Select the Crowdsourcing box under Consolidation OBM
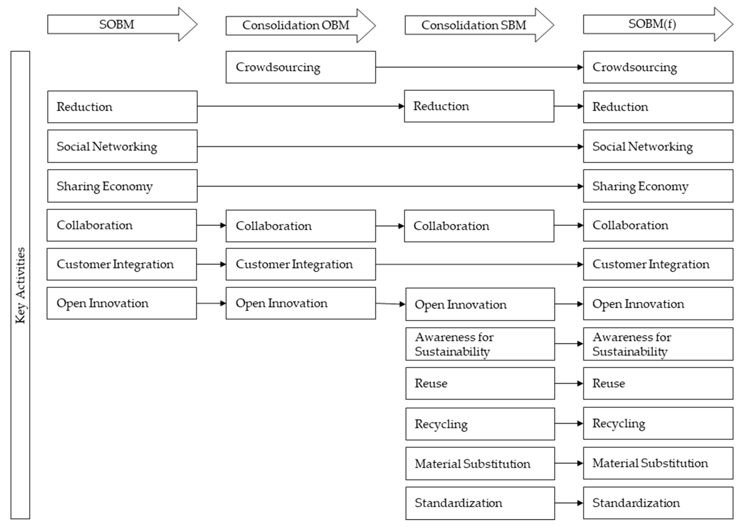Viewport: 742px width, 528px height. (301, 67)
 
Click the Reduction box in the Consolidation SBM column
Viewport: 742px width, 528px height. (479, 106)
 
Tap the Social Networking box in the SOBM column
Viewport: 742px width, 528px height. (122, 146)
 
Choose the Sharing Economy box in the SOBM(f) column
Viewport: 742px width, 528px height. (658, 186)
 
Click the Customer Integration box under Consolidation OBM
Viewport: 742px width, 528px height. (301, 264)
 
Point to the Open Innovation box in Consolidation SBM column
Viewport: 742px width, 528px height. (480, 304)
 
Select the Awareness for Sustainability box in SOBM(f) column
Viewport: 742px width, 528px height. (658, 344)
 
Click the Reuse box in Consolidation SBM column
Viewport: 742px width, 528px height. (480, 383)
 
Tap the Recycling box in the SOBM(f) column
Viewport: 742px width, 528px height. (658, 423)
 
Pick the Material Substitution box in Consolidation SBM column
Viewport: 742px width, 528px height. (480, 463)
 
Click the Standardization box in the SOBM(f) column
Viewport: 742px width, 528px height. (658, 503)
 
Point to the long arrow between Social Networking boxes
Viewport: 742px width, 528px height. (390, 147)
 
